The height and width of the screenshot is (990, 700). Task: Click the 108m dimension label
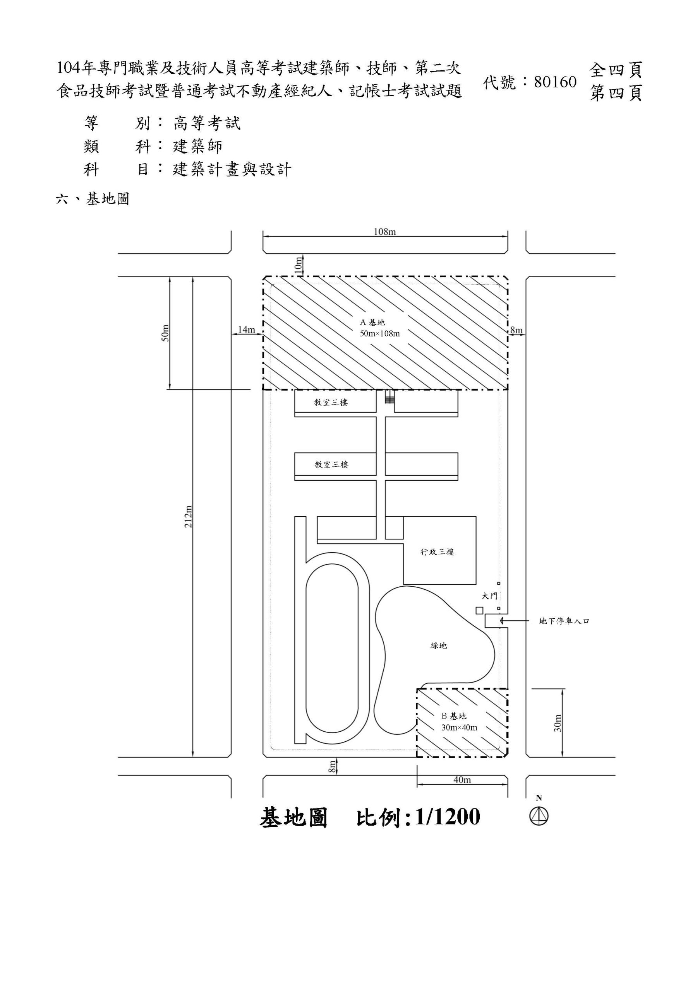pyautogui.click(x=384, y=232)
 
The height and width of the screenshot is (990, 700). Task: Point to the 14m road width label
pyautogui.click(x=246, y=329)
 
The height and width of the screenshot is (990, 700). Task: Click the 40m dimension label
pyautogui.click(x=462, y=780)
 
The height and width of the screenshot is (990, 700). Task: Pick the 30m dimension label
pyautogui.click(x=558, y=723)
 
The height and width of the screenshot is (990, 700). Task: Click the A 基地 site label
pyautogui.click(x=372, y=322)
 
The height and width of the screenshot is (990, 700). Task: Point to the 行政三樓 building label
pyautogui.click(x=437, y=551)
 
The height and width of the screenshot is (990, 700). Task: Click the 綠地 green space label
pyautogui.click(x=439, y=645)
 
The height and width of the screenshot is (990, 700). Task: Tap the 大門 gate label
pyautogui.click(x=489, y=596)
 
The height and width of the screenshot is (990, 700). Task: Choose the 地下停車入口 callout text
pyautogui.click(x=564, y=621)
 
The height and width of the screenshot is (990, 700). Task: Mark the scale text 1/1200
pyautogui.click(x=447, y=817)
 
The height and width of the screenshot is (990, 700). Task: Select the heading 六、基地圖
pyautogui.click(x=93, y=199)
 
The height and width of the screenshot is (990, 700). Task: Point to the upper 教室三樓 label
pyautogui.click(x=331, y=402)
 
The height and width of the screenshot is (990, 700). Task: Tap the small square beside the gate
pyautogui.click(x=479, y=611)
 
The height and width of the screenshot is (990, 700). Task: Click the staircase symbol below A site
pyautogui.click(x=390, y=397)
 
